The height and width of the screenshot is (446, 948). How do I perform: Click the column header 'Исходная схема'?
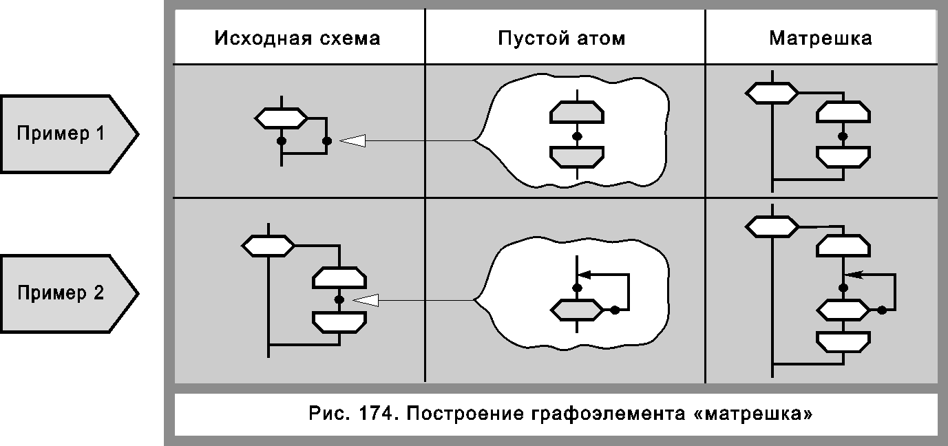click(x=297, y=38)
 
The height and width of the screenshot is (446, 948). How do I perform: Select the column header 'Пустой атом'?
click(x=562, y=38)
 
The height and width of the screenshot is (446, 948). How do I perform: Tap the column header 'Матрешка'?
click(x=821, y=38)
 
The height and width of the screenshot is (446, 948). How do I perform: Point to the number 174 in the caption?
click(x=375, y=415)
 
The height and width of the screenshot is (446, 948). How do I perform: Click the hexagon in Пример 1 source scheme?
click(x=281, y=118)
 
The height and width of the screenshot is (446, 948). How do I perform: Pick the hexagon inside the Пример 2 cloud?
click(x=577, y=310)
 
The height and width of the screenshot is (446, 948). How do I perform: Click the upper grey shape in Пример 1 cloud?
click(x=577, y=113)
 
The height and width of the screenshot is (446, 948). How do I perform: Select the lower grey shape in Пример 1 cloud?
click(x=577, y=157)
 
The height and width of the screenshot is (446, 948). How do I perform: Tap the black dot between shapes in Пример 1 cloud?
click(x=577, y=136)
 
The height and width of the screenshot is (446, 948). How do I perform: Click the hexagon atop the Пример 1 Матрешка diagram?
click(x=772, y=92)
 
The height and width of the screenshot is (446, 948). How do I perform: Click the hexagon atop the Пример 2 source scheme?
click(x=268, y=245)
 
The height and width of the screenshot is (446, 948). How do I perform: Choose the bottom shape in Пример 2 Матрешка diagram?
click(x=843, y=341)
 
